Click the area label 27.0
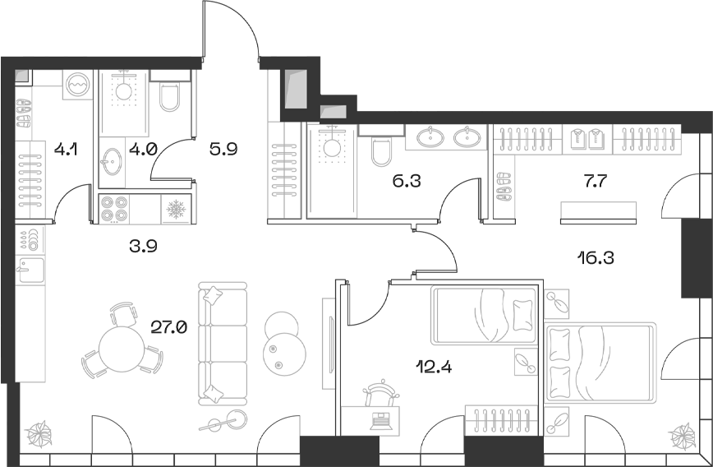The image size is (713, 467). pyautogui.click(x=169, y=326)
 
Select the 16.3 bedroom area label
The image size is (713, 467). pyautogui.click(x=596, y=257)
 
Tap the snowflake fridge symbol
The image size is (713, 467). pyautogui.click(x=176, y=209)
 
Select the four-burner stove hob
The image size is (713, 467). pyautogui.click(x=114, y=209)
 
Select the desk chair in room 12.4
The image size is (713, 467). pyautogui.click(x=384, y=390)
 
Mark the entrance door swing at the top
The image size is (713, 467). pyautogui.click(x=234, y=29)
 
